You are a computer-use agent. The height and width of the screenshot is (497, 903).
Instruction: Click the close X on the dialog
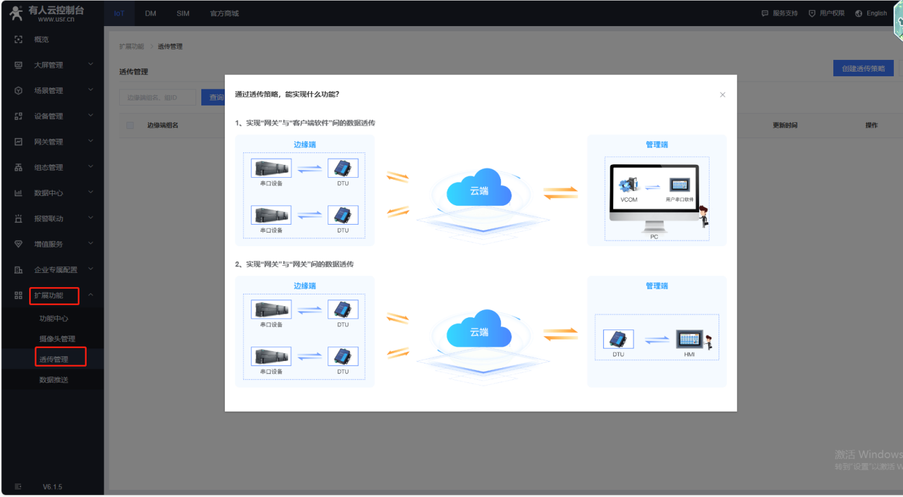[723, 95]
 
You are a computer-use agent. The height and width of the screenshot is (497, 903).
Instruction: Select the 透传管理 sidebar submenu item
[53, 359]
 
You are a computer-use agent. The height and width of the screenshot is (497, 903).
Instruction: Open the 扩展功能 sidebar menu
[50, 295]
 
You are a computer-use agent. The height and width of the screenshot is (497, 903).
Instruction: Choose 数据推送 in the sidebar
[53, 380]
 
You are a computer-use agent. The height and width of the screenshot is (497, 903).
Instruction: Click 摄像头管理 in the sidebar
[57, 339]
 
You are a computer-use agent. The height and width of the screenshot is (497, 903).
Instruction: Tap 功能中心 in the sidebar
[53, 319]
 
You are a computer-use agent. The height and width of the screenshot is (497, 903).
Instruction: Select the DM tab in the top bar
[150, 13]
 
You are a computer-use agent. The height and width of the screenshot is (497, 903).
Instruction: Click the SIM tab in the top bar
[183, 13]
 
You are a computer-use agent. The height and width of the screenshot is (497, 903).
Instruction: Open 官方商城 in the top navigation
[224, 13]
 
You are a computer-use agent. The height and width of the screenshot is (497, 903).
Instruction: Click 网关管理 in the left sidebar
[49, 141]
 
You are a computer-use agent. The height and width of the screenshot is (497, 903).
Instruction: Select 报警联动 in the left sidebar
[49, 218]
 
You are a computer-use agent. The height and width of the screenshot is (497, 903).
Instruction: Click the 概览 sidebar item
[42, 39]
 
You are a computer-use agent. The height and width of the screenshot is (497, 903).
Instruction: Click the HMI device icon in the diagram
[689, 339]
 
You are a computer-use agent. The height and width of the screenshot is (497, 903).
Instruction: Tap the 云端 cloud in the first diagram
[479, 189]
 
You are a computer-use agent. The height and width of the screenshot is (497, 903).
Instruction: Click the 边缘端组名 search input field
[158, 98]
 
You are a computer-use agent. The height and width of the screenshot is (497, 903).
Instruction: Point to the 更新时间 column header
[784, 125]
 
